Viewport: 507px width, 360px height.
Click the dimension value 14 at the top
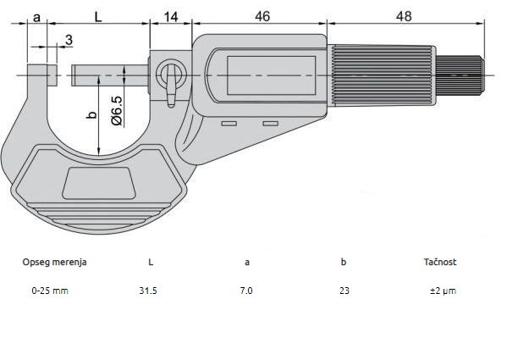point(171,16)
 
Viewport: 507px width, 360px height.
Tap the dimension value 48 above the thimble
point(405,16)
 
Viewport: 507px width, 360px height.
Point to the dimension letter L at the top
point(100,16)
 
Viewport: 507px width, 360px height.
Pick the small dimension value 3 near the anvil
point(68,39)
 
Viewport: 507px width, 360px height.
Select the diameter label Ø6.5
point(118,110)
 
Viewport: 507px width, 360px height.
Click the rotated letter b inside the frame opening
point(92,113)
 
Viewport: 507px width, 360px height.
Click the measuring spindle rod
point(110,75)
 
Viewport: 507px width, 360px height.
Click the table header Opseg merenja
point(54,262)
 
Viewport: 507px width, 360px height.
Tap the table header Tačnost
point(440,262)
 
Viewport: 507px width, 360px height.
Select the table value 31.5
point(149,290)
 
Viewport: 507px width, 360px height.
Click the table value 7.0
point(246,290)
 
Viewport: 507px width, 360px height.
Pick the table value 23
point(343,290)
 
